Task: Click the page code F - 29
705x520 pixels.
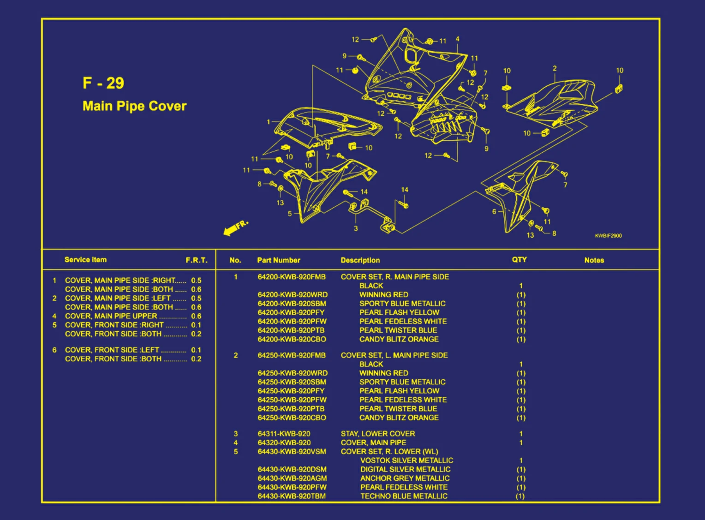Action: click(103, 83)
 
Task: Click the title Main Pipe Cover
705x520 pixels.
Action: click(134, 106)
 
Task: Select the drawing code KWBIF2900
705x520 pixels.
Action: click(608, 236)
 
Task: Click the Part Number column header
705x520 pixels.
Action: click(278, 260)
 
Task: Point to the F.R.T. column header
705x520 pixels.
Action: click(197, 260)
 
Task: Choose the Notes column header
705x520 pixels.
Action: click(594, 260)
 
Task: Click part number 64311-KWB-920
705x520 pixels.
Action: click(284, 434)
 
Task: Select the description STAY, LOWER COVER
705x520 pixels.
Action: click(377, 434)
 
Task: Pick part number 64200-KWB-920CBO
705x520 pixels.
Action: click(292, 339)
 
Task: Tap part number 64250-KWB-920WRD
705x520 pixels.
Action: click(293, 373)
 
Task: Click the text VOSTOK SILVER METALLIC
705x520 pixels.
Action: click(406, 460)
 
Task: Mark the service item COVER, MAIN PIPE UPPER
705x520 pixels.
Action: click(111, 316)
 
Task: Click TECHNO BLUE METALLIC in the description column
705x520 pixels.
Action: click(404, 496)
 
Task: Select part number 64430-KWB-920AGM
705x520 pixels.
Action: click(292, 478)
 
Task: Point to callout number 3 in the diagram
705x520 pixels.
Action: click(356, 228)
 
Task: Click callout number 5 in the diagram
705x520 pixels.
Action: click(290, 214)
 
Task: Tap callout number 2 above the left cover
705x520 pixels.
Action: click(555, 68)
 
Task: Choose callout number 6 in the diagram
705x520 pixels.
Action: click(494, 212)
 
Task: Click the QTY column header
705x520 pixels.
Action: click(519, 260)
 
